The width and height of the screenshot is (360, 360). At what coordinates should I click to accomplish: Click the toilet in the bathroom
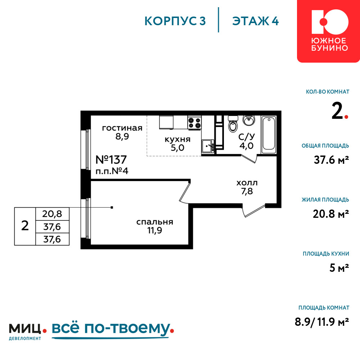pyautogui.click(x=233, y=124)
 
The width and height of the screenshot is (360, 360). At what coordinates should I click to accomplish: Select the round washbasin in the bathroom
pyautogui.click(x=249, y=120)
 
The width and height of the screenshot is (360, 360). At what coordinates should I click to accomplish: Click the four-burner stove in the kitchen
pyautogui.click(x=194, y=123)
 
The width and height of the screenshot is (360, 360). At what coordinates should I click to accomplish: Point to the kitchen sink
pyautogui.click(x=208, y=146)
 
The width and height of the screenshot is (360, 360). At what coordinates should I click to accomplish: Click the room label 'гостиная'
pyautogui.click(x=122, y=128)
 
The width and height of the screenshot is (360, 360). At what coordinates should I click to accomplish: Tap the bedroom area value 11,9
pyautogui.click(x=154, y=230)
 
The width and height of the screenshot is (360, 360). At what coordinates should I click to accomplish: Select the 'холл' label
pyautogui.click(x=247, y=183)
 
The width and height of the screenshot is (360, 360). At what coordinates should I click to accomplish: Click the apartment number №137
pyautogui.click(x=111, y=159)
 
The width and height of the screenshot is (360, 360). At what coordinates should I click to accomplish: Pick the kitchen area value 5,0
pyautogui.click(x=177, y=148)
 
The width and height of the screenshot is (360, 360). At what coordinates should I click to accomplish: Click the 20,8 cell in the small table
pyautogui.click(x=52, y=214)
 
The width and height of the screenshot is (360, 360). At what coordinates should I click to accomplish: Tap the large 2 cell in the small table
pyautogui.click(x=25, y=226)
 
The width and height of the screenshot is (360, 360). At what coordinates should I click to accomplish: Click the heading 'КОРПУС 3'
pyautogui.click(x=175, y=21)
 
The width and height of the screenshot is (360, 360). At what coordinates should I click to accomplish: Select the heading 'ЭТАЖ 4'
pyautogui.click(x=255, y=21)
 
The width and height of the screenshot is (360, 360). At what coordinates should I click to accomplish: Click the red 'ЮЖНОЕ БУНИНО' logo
pyautogui.click(x=328, y=31)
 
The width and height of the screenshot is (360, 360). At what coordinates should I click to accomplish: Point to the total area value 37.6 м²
pyautogui.click(x=331, y=159)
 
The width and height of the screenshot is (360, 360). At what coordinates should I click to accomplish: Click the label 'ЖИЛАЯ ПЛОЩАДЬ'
pyautogui.click(x=325, y=199)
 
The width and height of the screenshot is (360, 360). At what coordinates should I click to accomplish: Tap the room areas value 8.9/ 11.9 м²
pyautogui.click(x=322, y=322)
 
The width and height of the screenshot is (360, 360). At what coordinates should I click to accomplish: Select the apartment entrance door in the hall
pyautogui.click(x=254, y=211)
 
